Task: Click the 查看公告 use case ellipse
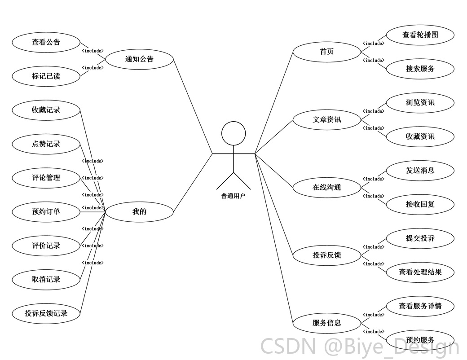pyautogui.click(x=46, y=42)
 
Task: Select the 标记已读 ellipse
pyautogui.click(x=46, y=76)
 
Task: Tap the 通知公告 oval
pyautogui.click(x=139, y=59)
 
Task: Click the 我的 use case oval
pyautogui.click(x=139, y=212)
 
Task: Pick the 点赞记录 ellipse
pyautogui.click(x=46, y=144)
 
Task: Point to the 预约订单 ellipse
pyautogui.click(x=46, y=212)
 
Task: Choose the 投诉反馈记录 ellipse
pyautogui.click(x=46, y=313)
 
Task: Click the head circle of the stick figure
pyautogui.click(x=233, y=133)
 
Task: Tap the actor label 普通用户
pyautogui.click(x=233, y=196)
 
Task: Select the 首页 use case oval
pyautogui.click(x=327, y=52)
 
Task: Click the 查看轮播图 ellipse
pyautogui.click(x=420, y=35)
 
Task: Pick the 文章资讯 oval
pyautogui.click(x=327, y=120)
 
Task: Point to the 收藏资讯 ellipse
pyautogui.click(x=420, y=136)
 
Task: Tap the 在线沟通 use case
pyautogui.click(x=327, y=187)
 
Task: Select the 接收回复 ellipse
pyautogui.click(x=420, y=204)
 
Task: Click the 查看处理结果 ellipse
pyautogui.click(x=420, y=272)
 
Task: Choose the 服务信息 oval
pyautogui.click(x=327, y=323)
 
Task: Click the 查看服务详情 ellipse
pyautogui.click(x=420, y=306)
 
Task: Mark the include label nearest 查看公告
pyautogui.click(x=93, y=51)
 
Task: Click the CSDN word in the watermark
pyautogui.click(x=288, y=346)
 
